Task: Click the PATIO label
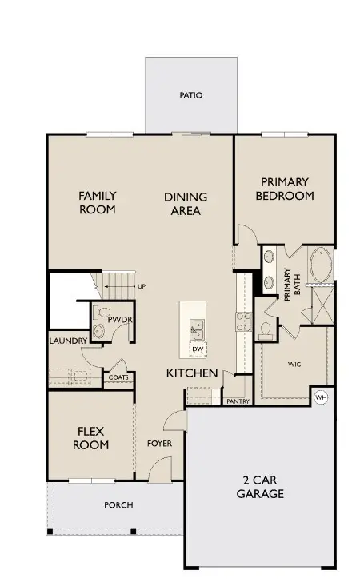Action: pyautogui.click(x=190, y=95)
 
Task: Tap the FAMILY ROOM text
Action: pyautogui.click(x=97, y=203)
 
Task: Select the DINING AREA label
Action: pyautogui.click(x=186, y=204)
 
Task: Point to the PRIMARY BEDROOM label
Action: pyautogui.click(x=285, y=189)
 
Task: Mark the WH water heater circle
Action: pyautogui.click(x=322, y=397)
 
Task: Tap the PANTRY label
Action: pyautogui.click(x=238, y=401)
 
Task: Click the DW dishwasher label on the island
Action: pyautogui.click(x=198, y=349)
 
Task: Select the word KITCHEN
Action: pyautogui.click(x=192, y=373)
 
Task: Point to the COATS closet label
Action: pyautogui.click(x=118, y=377)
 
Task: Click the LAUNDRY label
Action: pyautogui.click(x=68, y=341)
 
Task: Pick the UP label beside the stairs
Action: pyautogui.click(x=141, y=285)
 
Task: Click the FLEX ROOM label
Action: pyautogui.click(x=90, y=438)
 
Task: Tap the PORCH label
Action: pyautogui.click(x=118, y=505)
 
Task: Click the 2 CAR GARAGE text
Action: pyautogui.click(x=261, y=487)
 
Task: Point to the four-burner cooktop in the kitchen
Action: pyautogui.click(x=242, y=320)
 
